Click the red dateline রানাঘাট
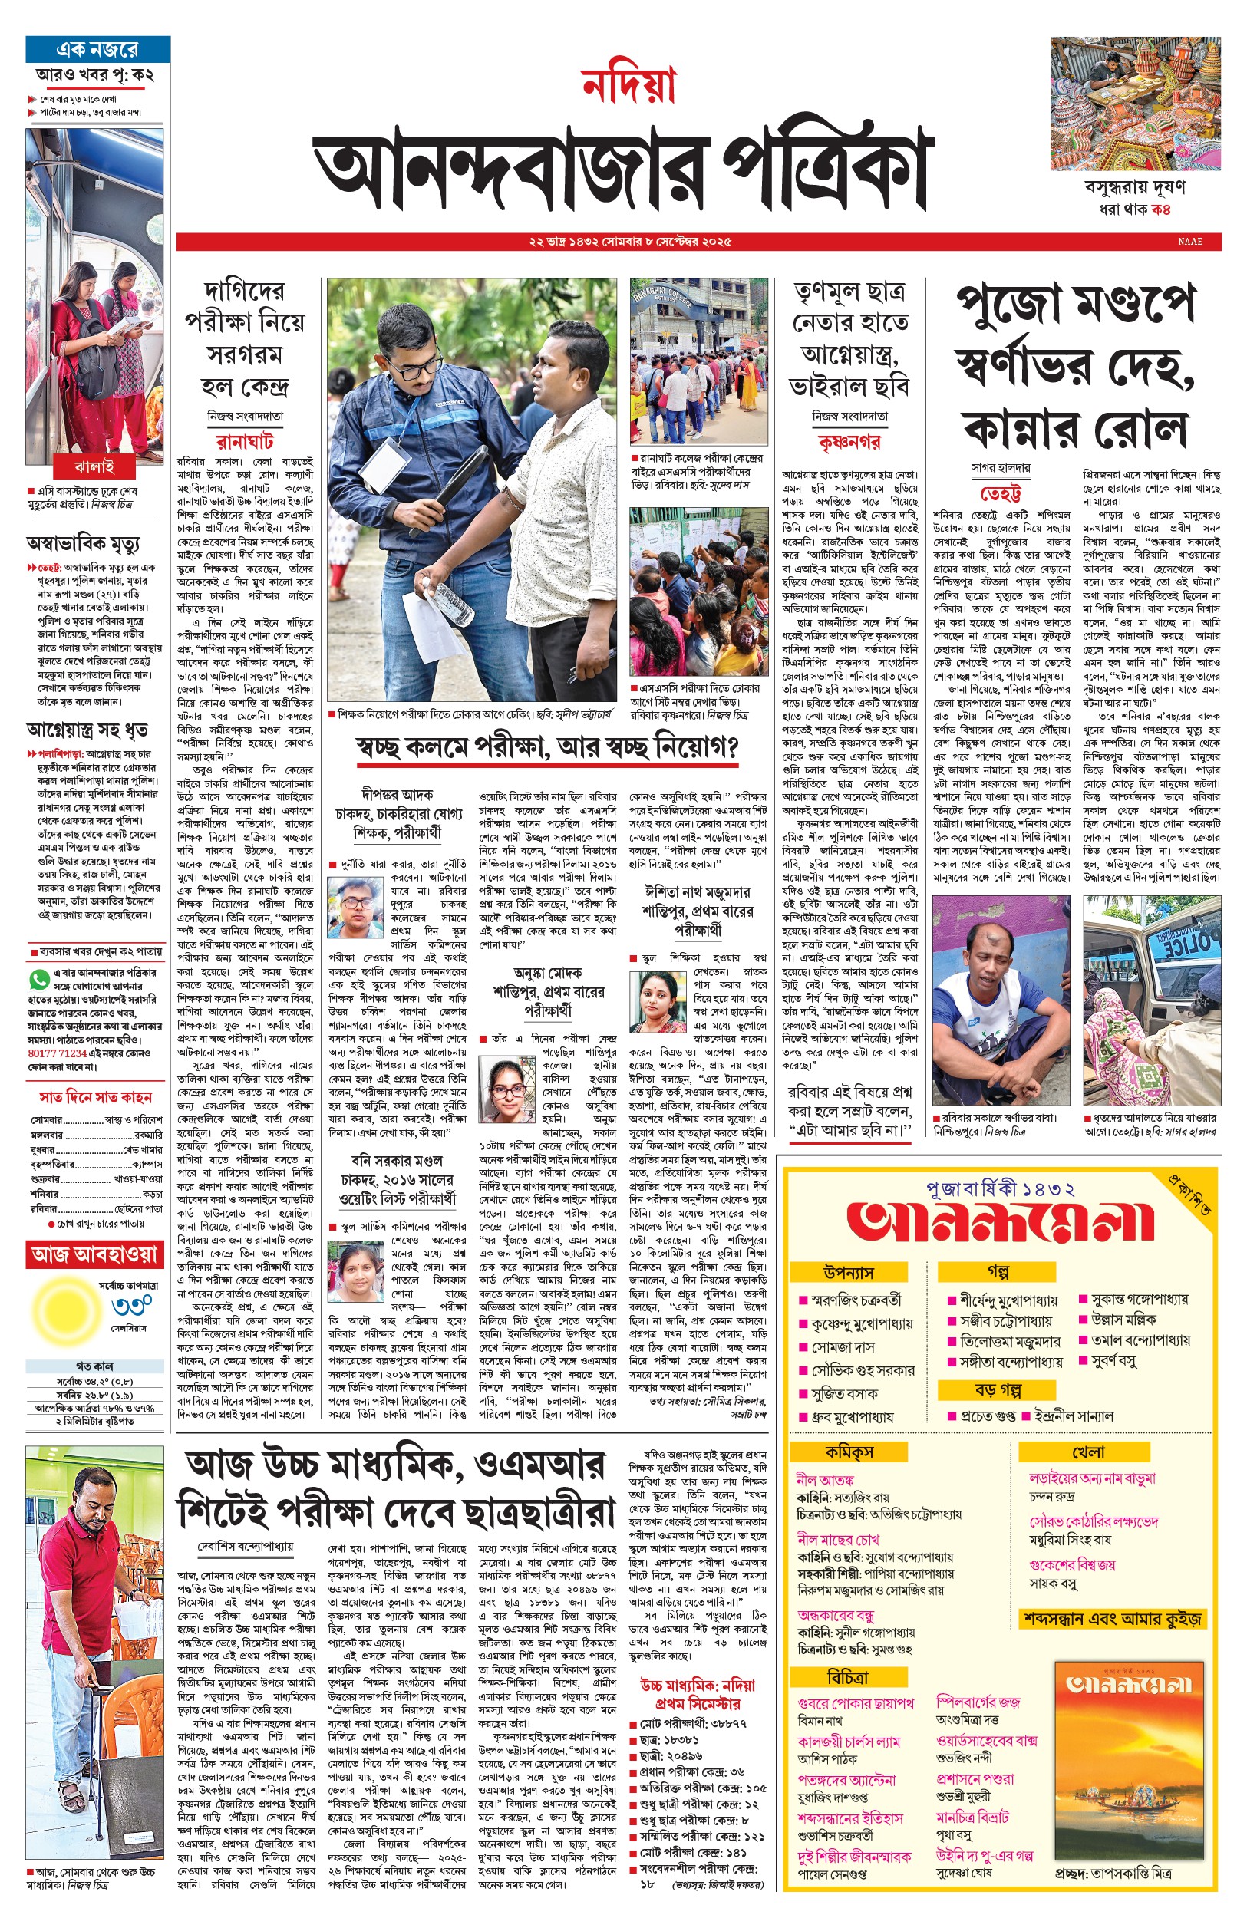click(x=245, y=441)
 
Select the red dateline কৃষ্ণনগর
click(x=849, y=442)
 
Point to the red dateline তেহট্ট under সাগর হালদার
click(x=1000, y=493)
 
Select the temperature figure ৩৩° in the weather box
click(x=132, y=1306)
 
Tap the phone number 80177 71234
click(x=58, y=1053)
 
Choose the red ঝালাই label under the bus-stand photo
click(x=94, y=466)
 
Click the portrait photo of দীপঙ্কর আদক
click(x=355, y=906)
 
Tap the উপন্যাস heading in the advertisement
click(x=848, y=1271)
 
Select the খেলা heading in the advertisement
click(x=1088, y=1452)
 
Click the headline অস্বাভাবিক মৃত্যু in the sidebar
click(x=83, y=542)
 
